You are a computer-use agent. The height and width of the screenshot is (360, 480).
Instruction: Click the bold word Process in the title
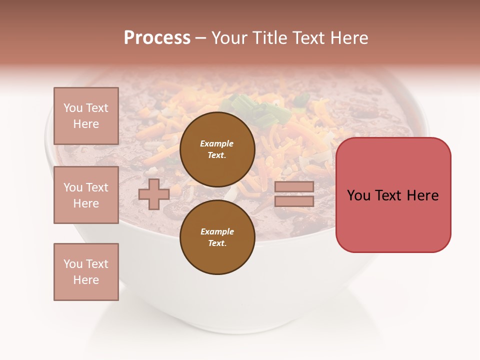(x=157, y=38)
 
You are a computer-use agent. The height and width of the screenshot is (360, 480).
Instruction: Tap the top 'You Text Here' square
(x=86, y=116)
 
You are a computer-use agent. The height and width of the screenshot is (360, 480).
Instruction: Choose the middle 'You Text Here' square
(x=86, y=195)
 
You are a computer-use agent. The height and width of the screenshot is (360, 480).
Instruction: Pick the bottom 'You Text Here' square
(x=86, y=272)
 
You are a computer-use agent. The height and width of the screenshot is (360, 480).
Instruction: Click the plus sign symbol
(x=154, y=194)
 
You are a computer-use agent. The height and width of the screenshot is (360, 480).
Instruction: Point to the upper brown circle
(x=217, y=149)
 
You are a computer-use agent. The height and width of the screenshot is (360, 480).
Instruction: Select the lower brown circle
(x=217, y=237)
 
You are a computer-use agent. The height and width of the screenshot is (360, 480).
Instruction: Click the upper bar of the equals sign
(x=294, y=186)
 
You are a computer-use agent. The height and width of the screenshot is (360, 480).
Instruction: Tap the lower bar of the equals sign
(x=294, y=201)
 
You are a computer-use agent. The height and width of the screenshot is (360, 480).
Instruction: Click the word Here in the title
(x=350, y=38)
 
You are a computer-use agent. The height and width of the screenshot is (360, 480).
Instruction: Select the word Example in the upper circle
(x=216, y=143)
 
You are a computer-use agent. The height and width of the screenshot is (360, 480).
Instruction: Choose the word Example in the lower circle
(x=217, y=231)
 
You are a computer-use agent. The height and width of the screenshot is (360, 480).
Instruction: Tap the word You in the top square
(x=72, y=108)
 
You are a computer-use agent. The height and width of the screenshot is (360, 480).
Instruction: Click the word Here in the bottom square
(x=86, y=280)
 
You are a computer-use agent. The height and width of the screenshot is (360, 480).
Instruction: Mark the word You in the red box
(x=358, y=195)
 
